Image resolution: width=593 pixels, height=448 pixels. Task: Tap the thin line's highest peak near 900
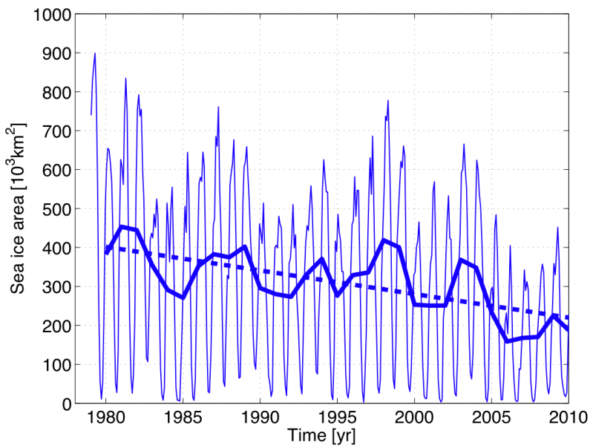click(95, 53)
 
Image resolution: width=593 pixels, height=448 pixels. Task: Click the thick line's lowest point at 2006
click(508, 341)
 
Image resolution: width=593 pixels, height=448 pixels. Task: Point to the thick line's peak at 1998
click(384, 240)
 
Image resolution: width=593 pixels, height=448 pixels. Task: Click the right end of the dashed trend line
click(569, 317)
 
